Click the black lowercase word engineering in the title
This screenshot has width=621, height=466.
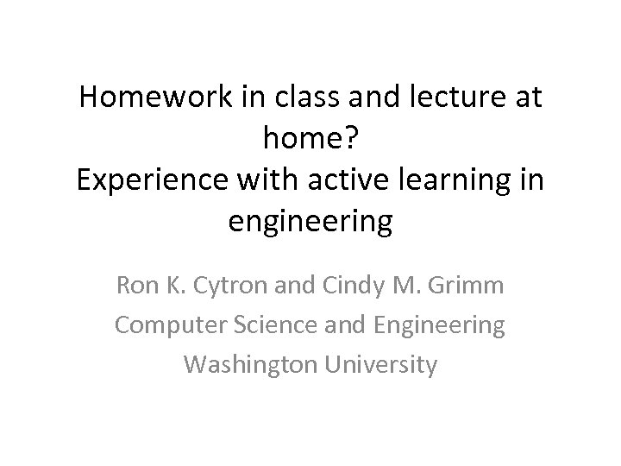point(310,224)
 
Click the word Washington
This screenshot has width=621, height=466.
point(251,366)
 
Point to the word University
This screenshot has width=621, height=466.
point(381,366)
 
